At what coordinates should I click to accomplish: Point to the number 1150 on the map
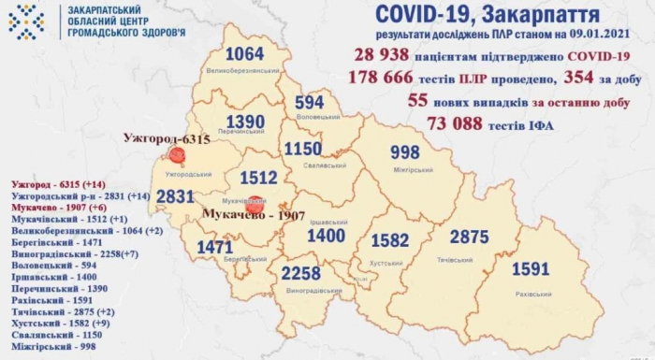click(312, 150)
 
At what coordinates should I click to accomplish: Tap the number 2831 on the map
click(175, 196)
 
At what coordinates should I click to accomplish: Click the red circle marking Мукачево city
click(254, 201)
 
